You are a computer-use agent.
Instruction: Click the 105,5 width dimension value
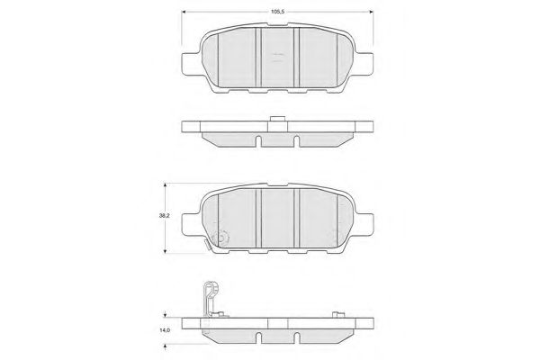click(x=277, y=12)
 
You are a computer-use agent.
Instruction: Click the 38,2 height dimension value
click(x=164, y=216)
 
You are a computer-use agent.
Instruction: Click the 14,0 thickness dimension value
click(x=165, y=330)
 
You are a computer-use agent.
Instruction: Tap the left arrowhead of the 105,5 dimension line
click(x=184, y=12)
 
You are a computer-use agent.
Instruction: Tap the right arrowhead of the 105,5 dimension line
click(x=371, y=12)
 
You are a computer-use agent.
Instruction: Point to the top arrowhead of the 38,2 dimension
click(x=165, y=185)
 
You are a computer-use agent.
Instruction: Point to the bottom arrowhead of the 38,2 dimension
click(x=165, y=251)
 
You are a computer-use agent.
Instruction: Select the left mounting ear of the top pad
click(x=190, y=64)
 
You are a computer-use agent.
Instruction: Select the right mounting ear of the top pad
click(x=364, y=64)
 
